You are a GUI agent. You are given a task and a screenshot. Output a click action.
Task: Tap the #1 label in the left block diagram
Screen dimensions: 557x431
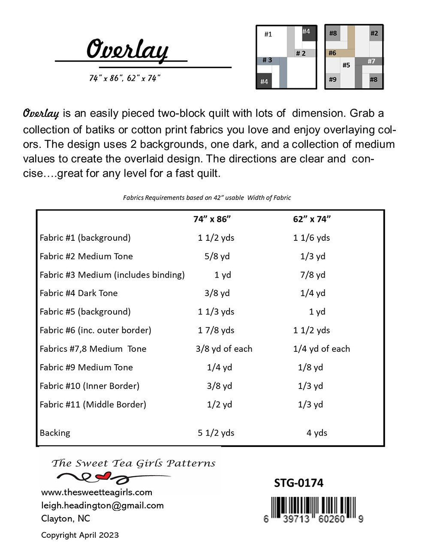(268, 34)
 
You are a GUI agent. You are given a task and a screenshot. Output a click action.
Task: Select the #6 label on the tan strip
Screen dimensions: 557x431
(332, 53)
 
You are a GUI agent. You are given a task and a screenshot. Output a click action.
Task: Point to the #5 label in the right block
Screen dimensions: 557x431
(346, 65)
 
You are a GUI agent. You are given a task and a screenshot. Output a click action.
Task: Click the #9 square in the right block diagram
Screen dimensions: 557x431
(333, 79)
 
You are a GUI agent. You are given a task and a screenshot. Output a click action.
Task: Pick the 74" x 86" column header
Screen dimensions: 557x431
(212, 219)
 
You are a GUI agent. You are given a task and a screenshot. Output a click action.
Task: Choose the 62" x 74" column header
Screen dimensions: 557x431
(312, 219)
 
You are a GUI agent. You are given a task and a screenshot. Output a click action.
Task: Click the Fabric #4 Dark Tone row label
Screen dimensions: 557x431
(78, 293)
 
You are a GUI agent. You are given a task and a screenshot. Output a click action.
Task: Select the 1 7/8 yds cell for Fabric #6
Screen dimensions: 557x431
(216, 330)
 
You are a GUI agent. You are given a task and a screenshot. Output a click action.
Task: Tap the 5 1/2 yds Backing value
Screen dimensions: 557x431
(216, 433)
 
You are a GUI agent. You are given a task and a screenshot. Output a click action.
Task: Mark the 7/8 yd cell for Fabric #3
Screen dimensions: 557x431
(313, 275)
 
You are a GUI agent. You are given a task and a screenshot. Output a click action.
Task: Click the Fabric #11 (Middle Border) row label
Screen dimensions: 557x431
(93, 404)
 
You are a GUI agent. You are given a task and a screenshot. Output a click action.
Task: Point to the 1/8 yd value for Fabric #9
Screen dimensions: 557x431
(310, 367)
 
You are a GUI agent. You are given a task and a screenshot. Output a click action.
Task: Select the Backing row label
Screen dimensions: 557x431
(55, 433)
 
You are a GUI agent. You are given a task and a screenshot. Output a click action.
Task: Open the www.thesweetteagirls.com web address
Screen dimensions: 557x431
(96, 492)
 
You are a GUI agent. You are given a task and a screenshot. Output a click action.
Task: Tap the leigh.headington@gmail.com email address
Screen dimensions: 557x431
(102, 505)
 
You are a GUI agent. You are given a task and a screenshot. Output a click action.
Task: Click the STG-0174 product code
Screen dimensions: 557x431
(298, 483)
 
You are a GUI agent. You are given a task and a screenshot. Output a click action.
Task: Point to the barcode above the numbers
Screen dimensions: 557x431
(313, 504)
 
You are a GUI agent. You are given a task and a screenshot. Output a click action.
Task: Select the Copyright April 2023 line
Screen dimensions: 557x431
(80, 535)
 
